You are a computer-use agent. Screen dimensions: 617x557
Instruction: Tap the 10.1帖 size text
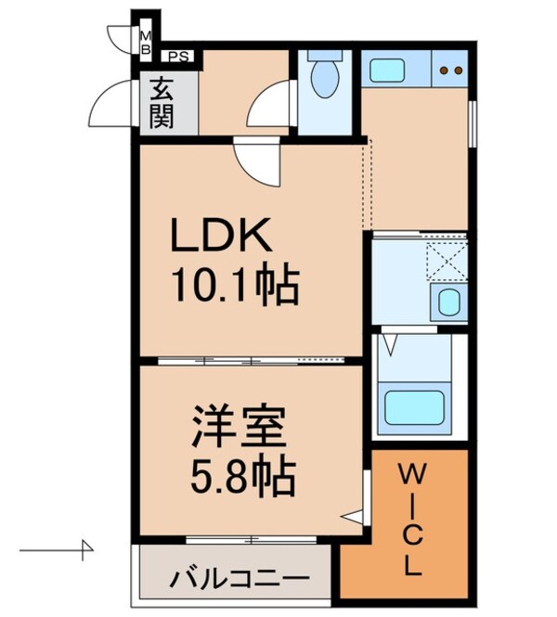click(233, 288)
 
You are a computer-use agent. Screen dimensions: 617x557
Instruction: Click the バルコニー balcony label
click(238, 578)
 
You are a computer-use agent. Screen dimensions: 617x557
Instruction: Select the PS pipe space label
click(176, 54)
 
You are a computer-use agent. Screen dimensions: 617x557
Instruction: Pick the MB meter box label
click(146, 42)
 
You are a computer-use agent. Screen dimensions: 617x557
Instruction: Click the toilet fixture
click(325, 78)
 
